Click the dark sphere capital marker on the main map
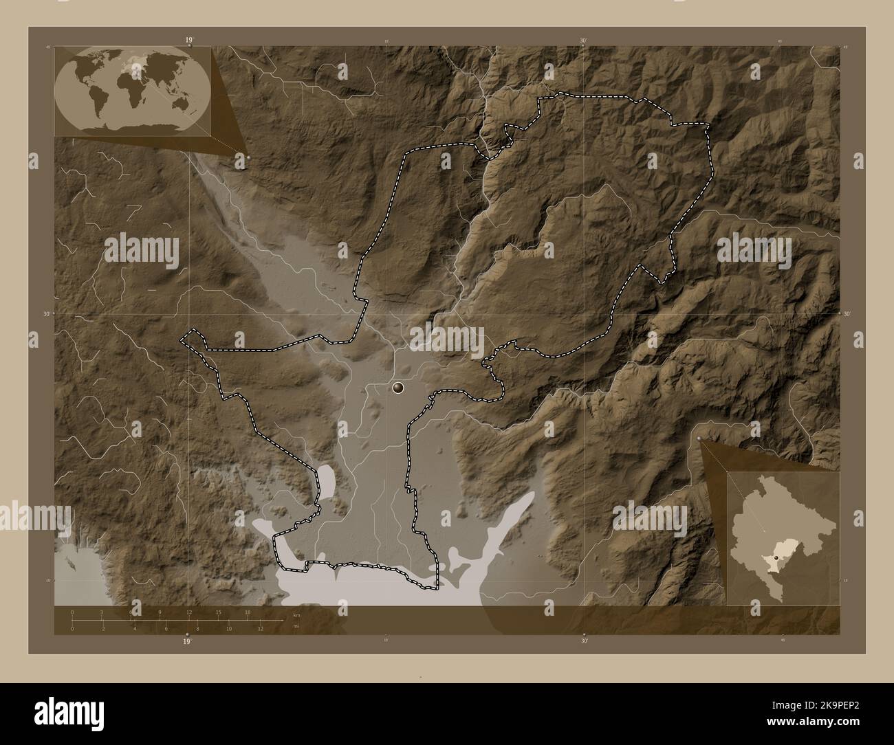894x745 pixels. point(398,389)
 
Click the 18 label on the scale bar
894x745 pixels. point(247,612)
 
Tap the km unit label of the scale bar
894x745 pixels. point(296,614)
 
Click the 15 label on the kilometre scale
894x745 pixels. point(218,612)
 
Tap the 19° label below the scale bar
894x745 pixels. point(187,642)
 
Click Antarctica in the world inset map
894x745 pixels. point(131,128)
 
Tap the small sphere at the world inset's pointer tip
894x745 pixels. point(248,157)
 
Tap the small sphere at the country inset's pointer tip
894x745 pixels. point(699,438)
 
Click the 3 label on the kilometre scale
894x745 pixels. point(102,612)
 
